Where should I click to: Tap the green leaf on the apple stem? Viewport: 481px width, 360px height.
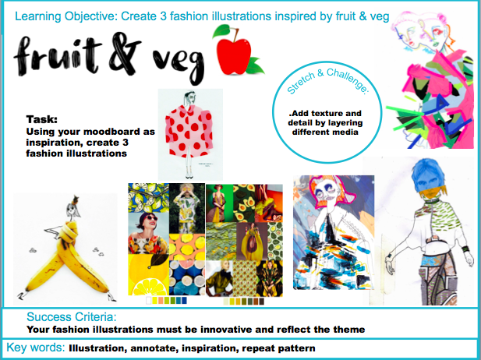(x=221, y=31)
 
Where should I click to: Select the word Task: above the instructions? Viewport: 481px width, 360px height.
(x=42, y=119)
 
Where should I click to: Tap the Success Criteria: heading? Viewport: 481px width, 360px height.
(x=72, y=317)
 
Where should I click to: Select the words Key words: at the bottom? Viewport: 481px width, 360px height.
(x=36, y=348)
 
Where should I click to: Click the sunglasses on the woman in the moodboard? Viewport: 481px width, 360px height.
(x=150, y=218)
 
